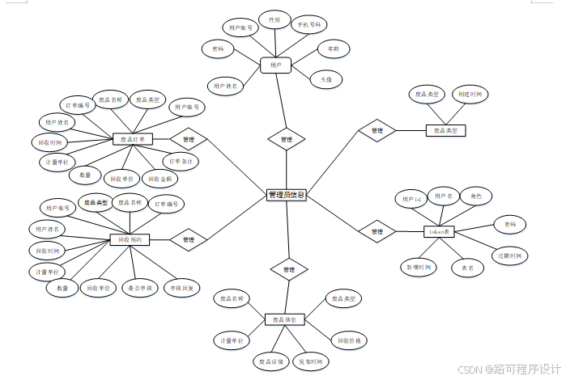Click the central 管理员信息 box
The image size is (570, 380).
(x=286, y=195)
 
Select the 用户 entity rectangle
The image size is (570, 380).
(x=275, y=64)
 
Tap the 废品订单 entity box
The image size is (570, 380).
(x=133, y=139)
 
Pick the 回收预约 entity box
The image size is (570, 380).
(x=130, y=239)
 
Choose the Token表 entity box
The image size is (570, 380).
(x=440, y=232)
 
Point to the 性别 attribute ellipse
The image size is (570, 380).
(x=274, y=18)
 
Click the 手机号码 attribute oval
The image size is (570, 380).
(x=309, y=25)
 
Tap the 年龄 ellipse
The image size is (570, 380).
(x=333, y=49)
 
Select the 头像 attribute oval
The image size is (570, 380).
(x=325, y=79)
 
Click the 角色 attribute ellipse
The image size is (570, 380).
(x=475, y=196)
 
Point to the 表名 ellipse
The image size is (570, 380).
(x=467, y=268)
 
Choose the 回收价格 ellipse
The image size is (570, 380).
(x=349, y=340)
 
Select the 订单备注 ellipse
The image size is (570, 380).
(x=184, y=162)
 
